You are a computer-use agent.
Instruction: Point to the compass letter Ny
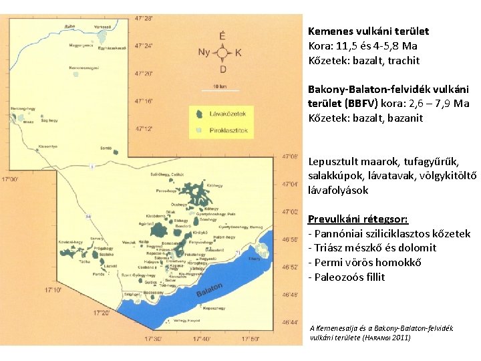point(204,52)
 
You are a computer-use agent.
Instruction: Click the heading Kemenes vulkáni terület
point(368,31)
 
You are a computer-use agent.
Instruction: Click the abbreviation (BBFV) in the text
point(361,103)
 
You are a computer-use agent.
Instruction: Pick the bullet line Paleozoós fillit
point(346,277)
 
